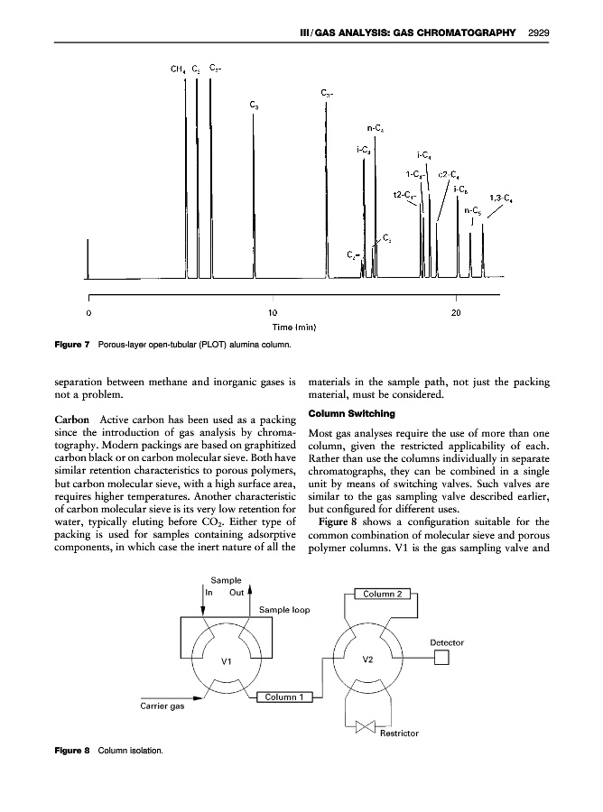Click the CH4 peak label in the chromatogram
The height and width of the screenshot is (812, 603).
178,69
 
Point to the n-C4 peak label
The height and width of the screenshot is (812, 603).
378,128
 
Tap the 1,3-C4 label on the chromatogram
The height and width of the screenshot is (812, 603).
502,198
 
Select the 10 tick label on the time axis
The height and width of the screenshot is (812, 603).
272,312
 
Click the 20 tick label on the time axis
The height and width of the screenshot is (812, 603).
456,312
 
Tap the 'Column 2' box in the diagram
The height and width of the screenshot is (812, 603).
385,593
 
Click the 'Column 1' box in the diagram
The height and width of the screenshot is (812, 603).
286,697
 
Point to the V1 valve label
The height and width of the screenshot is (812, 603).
227,662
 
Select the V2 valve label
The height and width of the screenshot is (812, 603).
367,659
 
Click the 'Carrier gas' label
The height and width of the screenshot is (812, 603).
162,706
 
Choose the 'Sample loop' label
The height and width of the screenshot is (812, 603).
284,611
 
